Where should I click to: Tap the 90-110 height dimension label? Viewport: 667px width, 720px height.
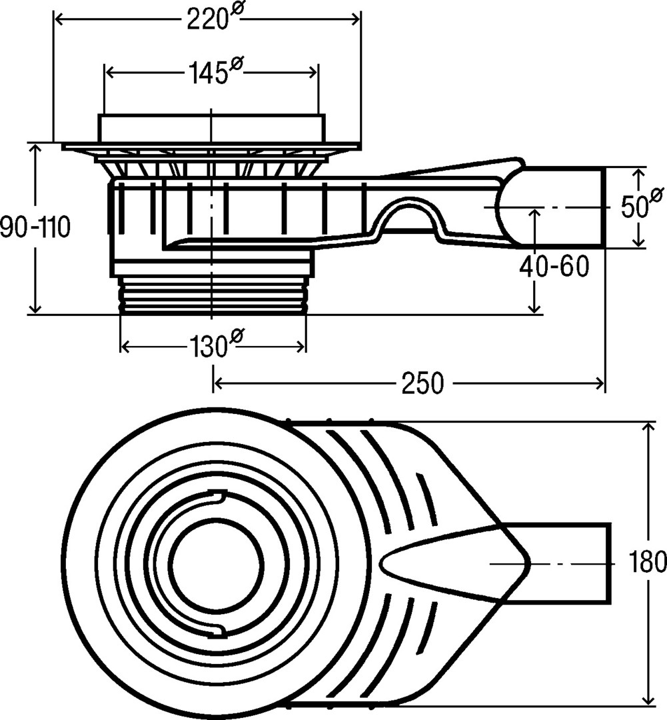point(35,228)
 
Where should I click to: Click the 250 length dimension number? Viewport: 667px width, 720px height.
point(421,383)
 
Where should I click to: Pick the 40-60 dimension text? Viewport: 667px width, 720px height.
point(555,267)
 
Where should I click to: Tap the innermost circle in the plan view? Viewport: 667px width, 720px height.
point(217,564)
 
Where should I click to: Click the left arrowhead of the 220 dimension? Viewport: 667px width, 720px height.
point(57,20)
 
